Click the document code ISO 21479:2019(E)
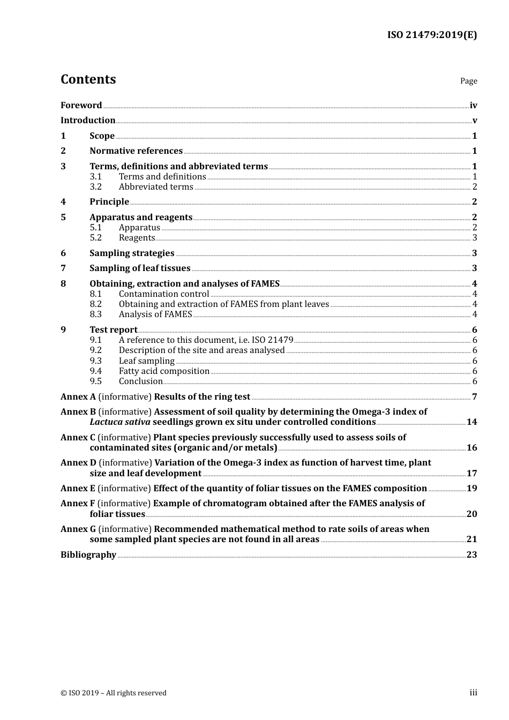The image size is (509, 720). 432,35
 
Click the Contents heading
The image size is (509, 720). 88,79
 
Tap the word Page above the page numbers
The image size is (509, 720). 468,81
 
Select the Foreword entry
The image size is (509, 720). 81,106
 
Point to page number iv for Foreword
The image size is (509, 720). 473,106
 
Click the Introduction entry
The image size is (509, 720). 88,121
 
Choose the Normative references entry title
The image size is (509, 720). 136,151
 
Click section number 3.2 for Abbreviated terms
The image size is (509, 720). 96,187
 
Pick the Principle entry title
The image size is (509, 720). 109,202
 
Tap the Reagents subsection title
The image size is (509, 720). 137,238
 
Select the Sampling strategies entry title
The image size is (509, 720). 132,253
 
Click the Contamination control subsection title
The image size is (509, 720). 164,294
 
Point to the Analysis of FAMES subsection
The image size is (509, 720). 155,314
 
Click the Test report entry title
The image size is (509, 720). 113,330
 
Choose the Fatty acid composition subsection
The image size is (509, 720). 164,371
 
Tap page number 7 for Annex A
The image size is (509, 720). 474,397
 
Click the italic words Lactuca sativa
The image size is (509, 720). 120,422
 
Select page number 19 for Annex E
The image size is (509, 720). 471,489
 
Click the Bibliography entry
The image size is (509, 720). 88,555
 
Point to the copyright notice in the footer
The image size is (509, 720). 114,693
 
